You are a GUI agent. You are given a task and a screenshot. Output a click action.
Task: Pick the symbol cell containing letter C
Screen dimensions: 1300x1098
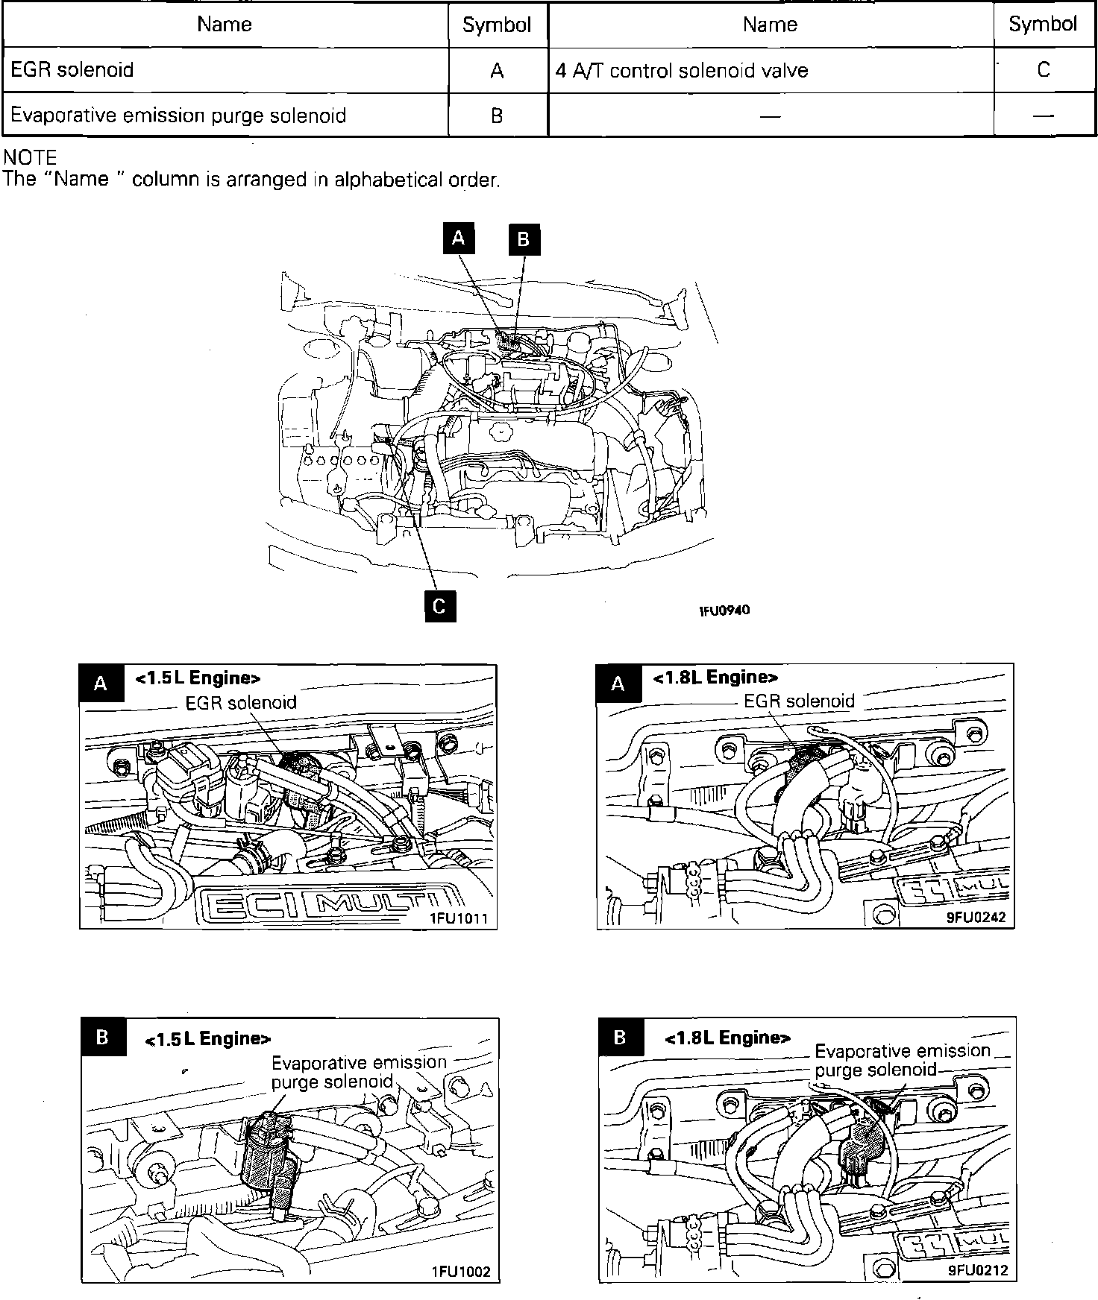[1044, 70]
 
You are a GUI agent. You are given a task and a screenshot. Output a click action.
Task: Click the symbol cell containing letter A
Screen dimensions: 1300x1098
[497, 71]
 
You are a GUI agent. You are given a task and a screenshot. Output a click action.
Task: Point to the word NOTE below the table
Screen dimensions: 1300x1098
[31, 157]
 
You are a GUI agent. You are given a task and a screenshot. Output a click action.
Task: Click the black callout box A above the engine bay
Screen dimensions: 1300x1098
[459, 238]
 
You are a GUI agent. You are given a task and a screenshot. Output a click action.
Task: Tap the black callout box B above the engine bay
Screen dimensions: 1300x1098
[524, 240]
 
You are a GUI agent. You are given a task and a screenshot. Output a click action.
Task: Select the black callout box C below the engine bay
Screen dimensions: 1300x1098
[439, 606]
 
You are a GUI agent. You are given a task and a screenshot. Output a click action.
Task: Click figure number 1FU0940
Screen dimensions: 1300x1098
[724, 610]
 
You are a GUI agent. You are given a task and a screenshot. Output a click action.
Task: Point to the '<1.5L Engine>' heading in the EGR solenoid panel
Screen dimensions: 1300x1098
[198, 678]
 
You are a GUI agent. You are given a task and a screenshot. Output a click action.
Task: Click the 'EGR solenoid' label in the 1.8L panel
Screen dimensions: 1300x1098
[799, 701]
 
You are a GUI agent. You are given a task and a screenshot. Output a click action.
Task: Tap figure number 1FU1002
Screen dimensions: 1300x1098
[460, 1271]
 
